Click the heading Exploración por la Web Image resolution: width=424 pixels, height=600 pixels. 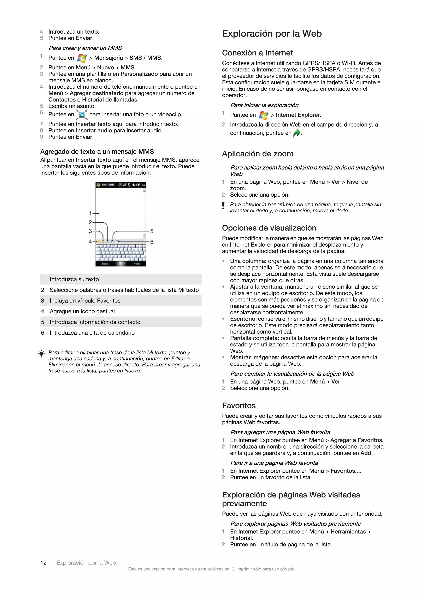(272, 34)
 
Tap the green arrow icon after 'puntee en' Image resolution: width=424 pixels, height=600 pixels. (297, 133)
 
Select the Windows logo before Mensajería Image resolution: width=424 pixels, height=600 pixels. (82, 58)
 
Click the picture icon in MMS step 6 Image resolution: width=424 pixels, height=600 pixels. (82, 114)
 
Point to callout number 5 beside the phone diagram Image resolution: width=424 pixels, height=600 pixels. (152, 231)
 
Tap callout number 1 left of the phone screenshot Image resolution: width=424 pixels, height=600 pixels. (90, 214)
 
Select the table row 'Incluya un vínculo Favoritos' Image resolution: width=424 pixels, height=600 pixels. (121, 301)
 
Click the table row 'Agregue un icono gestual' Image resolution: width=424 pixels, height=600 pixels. (121, 311)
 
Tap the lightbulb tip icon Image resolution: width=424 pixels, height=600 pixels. (41, 354)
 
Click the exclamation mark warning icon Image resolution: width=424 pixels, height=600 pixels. (223, 205)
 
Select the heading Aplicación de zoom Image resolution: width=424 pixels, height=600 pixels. (257, 154)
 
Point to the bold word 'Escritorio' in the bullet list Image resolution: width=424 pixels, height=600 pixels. (242, 319)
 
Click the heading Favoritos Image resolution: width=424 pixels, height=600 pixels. (239, 406)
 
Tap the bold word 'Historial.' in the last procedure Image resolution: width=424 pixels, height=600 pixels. (242, 538)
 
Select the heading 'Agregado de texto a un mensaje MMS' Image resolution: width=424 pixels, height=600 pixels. (97, 152)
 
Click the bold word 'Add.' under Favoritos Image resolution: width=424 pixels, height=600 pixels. (366, 453)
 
